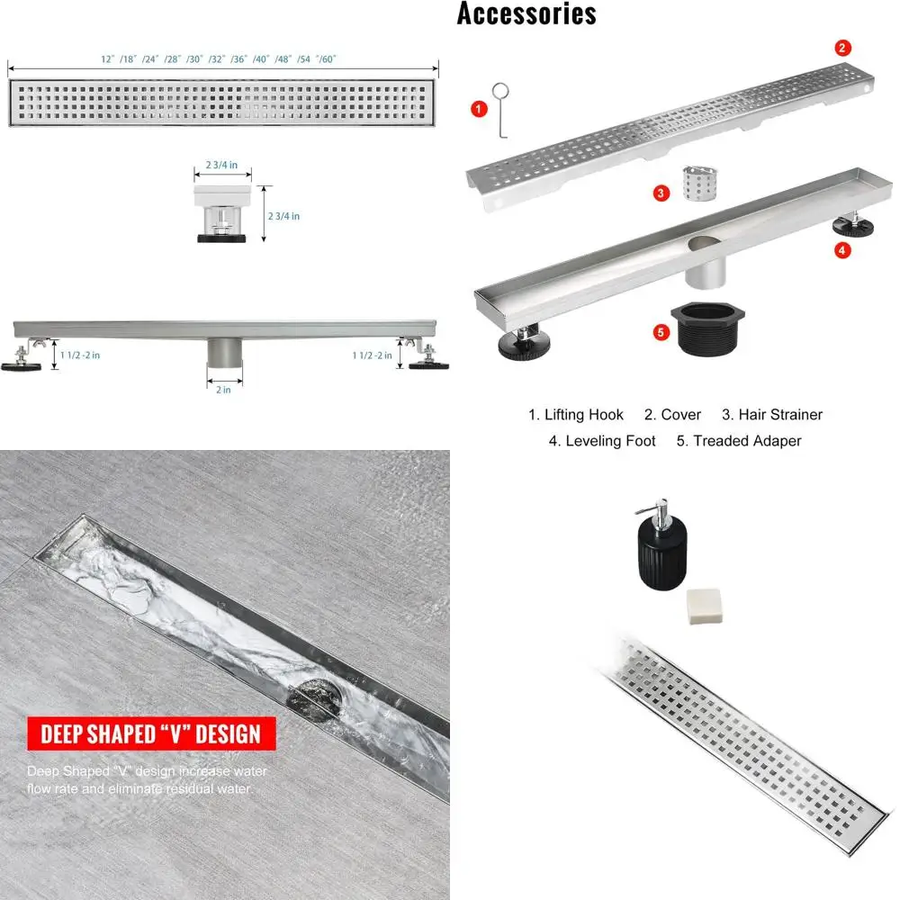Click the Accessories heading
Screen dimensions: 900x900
pos(526,13)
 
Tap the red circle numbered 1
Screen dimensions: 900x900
pos(479,109)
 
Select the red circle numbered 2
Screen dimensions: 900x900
pos(842,48)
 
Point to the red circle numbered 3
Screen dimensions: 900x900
pos(661,192)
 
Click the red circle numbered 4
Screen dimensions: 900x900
pos(842,250)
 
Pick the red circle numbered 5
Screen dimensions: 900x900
pos(661,332)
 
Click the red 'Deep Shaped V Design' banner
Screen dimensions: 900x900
pos(150,733)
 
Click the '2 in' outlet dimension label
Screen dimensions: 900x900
pos(223,390)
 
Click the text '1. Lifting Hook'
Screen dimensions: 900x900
pos(575,415)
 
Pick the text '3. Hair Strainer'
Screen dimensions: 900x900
pos(772,415)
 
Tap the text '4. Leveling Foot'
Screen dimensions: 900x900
pos(602,441)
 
